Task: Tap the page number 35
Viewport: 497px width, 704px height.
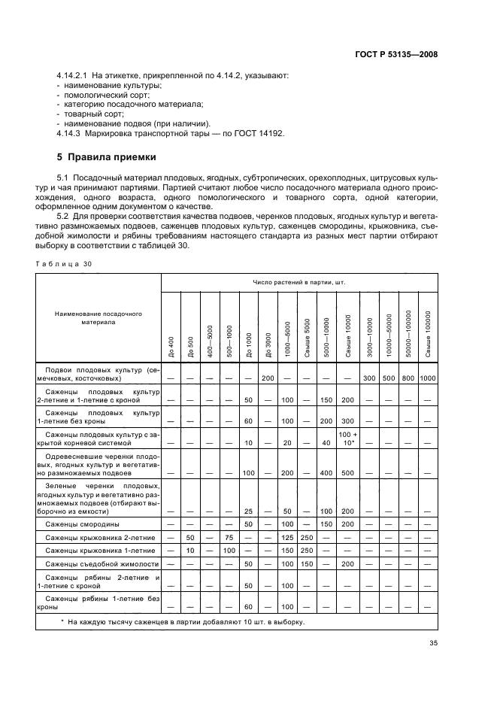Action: coord(432,644)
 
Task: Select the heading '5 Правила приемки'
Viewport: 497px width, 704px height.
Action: coord(106,157)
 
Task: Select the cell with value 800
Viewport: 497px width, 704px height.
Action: coord(408,377)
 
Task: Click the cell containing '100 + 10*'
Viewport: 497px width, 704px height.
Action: coord(347,439)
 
